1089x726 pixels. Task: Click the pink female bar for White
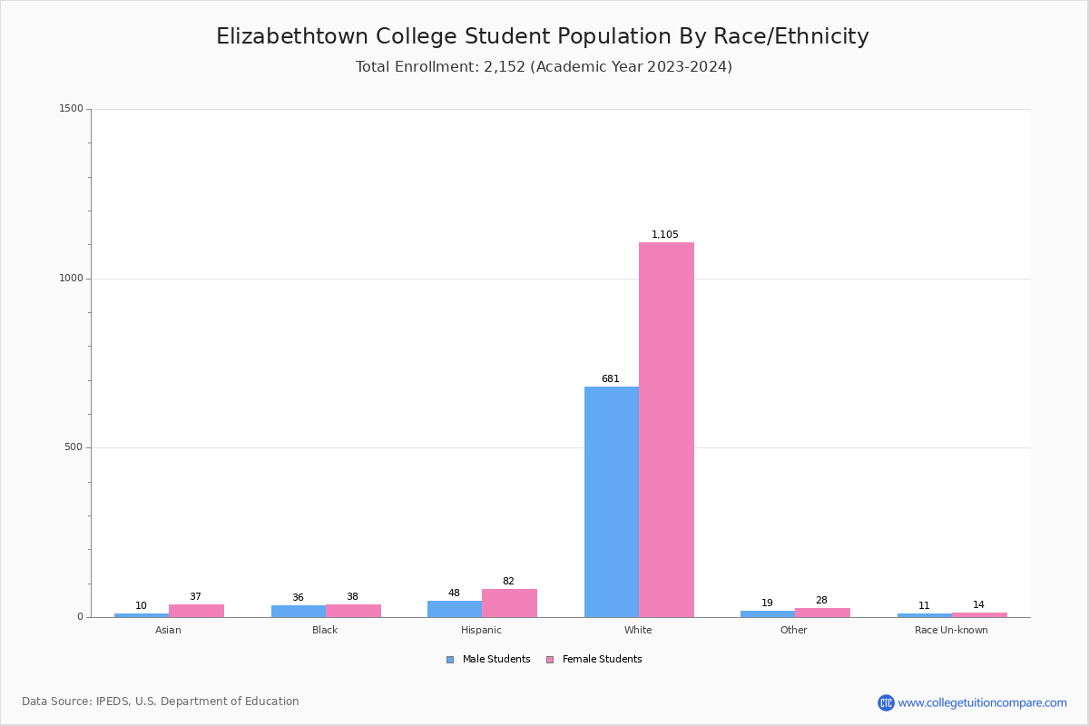pyautogui.click(x=666, y=429)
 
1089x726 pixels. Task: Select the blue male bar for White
pyautogui.click(x=611, y=502)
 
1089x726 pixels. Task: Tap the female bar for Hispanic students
pyautogui.click(x=509, y=603)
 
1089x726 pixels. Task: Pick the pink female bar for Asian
pyautogui.click(x=196, y=611)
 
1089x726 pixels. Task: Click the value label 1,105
pyautogui.click(x=665, y=234)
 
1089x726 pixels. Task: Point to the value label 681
pyautogui.click(x=610, y=378)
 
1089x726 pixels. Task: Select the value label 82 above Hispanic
pyautogui.click(x=508, y=581)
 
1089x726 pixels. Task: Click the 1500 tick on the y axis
pyautogui.click(x=72, y=109)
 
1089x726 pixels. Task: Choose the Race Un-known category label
pyautogui.click(x=951, y=630)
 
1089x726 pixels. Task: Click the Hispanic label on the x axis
pyautogui.click(x=481, y=630)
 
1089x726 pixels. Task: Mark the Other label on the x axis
pyautogui.click(x=793, y=630)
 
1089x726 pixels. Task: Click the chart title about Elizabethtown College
pyautogui.click(x=543, y=36)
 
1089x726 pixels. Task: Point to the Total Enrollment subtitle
pyautogui.click(x=544, y=66)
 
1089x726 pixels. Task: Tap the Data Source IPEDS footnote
pyautogui.click(x=161, y=701)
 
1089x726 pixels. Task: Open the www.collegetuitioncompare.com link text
pyautogui.click(x=982, y=702)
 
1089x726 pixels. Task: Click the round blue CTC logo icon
pyautogui.click(x=886, y=702)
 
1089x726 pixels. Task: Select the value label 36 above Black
pyautogui.click(x=298, y=597)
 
